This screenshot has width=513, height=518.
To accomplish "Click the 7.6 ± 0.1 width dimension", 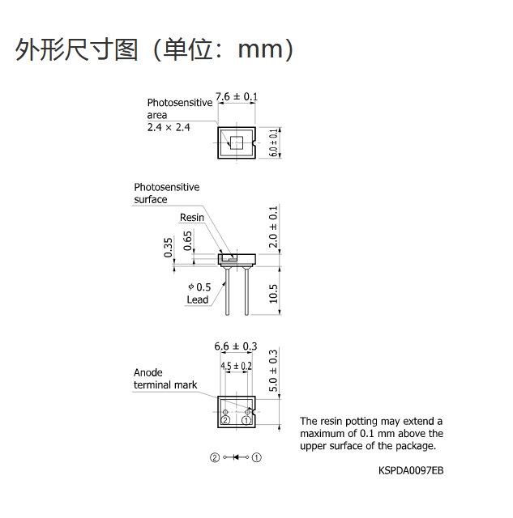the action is [x=237, y=96].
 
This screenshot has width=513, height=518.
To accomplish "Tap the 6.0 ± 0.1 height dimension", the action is [x=273, y=142].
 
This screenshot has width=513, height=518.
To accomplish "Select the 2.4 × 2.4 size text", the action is [x=169, y=127].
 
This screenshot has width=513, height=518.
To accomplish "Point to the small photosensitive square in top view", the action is [x=237, y=142].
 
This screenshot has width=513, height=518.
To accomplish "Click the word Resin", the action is [x=192, y=218].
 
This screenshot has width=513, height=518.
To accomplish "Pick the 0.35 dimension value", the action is [x=168, y=248].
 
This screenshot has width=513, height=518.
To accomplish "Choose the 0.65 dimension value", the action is [x=187, y=241].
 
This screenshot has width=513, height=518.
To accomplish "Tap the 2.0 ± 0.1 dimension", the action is [x=273, y=227].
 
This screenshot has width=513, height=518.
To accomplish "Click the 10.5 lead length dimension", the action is [x=273, y=293].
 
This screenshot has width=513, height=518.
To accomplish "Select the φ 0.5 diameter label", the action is [x=199, y=287].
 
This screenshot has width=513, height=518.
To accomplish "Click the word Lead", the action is [x=198, y=299].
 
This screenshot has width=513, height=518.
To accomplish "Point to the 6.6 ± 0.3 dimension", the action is [x=236, y=346].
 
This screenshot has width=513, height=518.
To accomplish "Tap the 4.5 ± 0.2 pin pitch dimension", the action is [x=236, y=366].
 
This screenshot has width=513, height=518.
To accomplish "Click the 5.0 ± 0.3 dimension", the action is [x=273, y=371].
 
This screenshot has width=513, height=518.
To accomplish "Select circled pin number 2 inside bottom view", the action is [x=225, y=420].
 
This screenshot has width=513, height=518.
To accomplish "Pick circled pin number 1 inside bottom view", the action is [x=246, y=420].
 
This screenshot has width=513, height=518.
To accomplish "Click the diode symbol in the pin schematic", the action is [x=236, y=457].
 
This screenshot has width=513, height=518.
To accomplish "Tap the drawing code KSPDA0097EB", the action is [x=411, y=470].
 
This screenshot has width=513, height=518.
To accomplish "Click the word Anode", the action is [x=148, y=372].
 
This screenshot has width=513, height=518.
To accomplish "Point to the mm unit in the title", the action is [x=261, y=50].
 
